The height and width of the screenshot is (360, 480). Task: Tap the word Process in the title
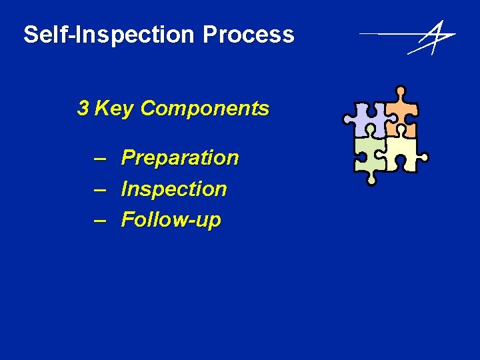point(249,35)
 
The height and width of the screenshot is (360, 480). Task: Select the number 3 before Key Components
point(83,108)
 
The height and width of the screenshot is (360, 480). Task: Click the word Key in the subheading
point(114,109)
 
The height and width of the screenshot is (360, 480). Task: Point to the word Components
point(205,109)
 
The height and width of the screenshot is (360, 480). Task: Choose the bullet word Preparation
point(180,158)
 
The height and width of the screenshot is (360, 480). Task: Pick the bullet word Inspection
point(174,189)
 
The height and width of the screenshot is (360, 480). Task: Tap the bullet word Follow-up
point(171,220)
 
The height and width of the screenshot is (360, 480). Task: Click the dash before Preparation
point(100,158)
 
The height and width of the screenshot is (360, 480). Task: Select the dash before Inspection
point(100,189)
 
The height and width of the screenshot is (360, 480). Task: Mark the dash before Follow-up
point(100,220)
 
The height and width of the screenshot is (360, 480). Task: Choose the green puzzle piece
point(369,155)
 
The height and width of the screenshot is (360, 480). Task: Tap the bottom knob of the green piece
point(371,179)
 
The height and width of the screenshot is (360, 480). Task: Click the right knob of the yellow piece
point(423,158)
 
